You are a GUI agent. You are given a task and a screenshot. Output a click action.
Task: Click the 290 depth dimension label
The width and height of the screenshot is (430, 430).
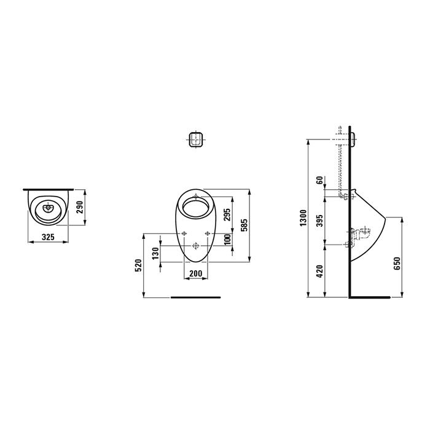79,207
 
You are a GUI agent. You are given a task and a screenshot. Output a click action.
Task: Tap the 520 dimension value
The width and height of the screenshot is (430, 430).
139,265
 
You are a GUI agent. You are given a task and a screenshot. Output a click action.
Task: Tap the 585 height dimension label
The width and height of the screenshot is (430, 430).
244,225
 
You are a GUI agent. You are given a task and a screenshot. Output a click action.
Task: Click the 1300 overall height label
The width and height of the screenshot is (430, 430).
302,217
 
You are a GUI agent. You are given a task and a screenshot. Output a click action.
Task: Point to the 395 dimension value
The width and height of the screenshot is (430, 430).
319,222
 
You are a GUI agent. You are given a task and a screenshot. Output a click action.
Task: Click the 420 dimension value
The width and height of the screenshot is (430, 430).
319,271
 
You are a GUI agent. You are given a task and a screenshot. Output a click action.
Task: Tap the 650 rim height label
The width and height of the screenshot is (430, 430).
397,264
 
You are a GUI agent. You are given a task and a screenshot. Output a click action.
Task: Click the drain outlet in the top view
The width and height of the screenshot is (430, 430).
48,208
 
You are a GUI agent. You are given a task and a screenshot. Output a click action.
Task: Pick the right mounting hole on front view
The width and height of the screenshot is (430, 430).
208,233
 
